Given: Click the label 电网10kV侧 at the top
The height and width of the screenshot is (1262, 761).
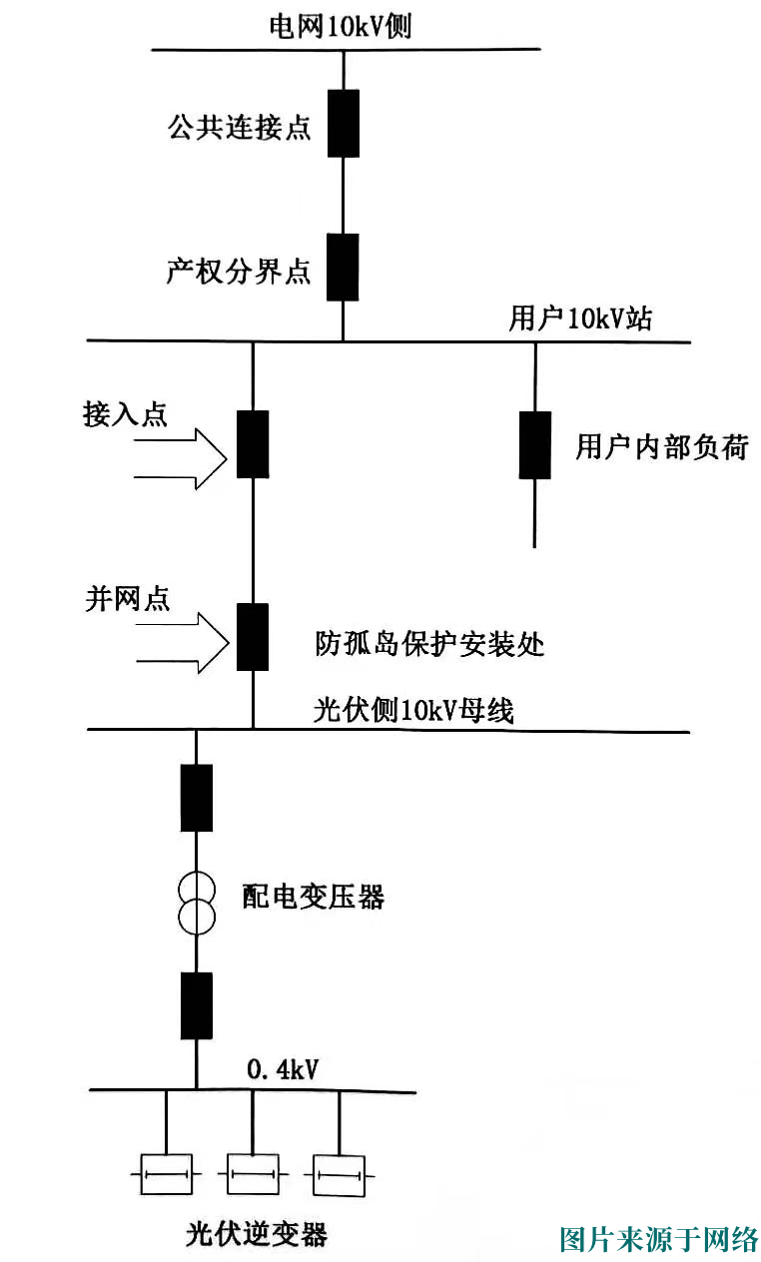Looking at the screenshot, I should click(x=340, y=27).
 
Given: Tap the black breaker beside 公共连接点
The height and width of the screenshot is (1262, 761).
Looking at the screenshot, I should click(x=344, y=123).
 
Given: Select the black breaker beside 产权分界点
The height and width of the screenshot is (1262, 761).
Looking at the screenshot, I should click(x=344, y=267).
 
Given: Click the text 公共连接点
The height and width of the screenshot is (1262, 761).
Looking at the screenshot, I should click(x=239, y=129).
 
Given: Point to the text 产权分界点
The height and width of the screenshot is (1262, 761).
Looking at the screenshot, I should click(x=239, y=273).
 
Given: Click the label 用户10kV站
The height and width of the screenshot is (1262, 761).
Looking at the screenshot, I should click(x=581, y=319).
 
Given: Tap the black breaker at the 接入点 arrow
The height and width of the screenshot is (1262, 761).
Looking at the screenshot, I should click(x=252, y=444).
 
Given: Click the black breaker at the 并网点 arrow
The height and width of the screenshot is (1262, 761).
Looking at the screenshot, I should click(x=252, y=636).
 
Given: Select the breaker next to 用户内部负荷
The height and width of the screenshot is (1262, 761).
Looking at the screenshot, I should click(x=535, y=444).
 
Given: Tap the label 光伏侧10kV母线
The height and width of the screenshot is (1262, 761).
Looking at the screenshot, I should click(x=413, y=710).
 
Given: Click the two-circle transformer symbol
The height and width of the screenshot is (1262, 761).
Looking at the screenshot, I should click(x=196, y=902).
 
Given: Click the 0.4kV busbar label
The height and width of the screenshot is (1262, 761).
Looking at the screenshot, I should click(x=282, y=1071).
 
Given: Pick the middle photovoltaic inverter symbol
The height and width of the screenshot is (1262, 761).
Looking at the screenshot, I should click(x=253, y=1174).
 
